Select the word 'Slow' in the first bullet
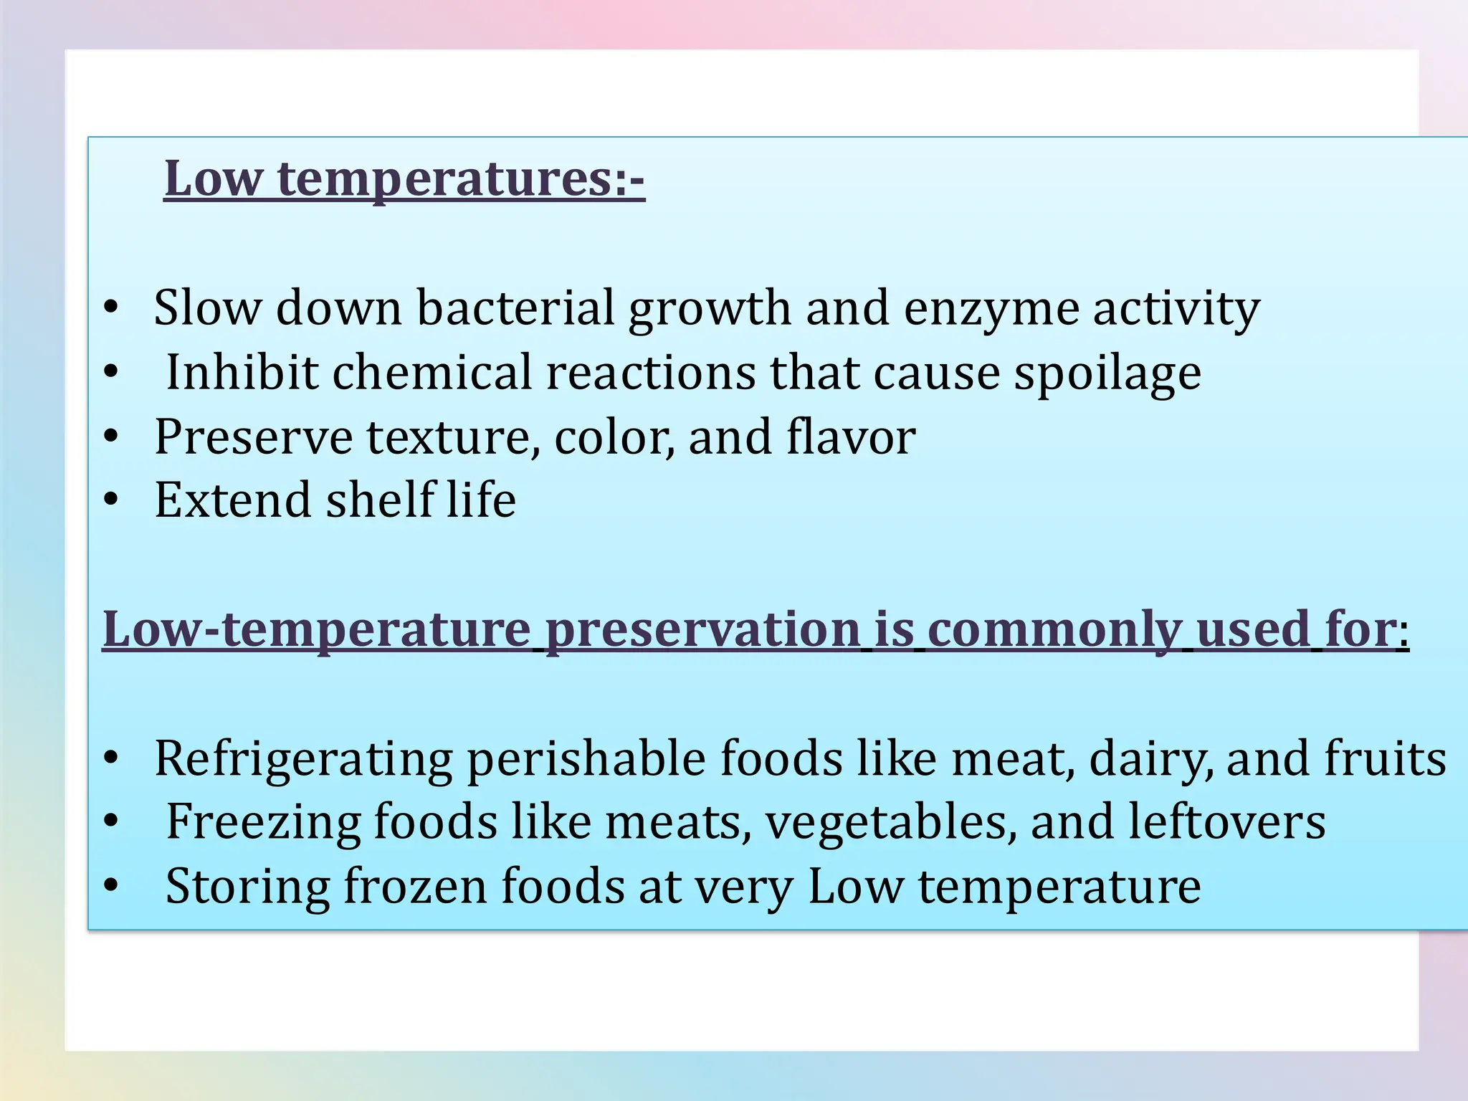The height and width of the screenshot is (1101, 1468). tap(207, 308)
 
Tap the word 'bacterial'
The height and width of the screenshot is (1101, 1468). tap(515, 308)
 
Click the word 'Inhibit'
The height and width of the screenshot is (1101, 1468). tap(242, 373)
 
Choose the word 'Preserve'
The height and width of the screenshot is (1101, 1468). tap(253, 437)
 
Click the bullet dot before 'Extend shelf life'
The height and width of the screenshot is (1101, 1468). tap(110, 500)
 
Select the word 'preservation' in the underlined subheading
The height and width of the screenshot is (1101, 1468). tap(702, 629)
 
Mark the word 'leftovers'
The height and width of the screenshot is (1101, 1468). tap(1226, 822)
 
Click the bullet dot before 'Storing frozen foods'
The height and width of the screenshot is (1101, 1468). tap(110, 887)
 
